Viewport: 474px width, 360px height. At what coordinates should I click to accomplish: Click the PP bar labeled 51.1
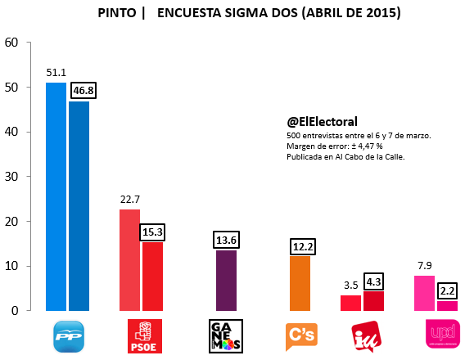tap(56, 196)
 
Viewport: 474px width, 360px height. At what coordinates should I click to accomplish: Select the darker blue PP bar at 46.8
tap(79, 206)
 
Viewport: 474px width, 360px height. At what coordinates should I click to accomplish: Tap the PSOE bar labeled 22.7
tap(129, 260)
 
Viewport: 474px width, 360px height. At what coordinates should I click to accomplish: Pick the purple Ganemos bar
tap(227, 281)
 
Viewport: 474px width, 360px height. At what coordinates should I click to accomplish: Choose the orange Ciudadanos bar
tap(300, 284)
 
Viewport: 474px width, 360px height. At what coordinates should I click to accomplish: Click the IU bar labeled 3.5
tap(350, 303)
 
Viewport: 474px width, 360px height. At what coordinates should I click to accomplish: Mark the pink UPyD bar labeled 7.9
tap(424, 293)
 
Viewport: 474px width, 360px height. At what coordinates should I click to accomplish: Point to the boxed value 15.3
tap(152, 232)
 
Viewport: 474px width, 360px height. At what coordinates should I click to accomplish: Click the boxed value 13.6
tap(227, 240)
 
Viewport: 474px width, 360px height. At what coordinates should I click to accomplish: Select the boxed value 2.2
tap(448, 291)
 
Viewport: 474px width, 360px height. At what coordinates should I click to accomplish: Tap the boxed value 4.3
tap(373, 281)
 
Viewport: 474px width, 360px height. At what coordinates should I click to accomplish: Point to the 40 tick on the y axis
tap(29, 132)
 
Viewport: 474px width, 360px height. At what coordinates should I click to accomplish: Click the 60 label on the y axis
tap(11, 43)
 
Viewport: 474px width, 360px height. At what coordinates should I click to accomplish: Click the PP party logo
tap(69, 336)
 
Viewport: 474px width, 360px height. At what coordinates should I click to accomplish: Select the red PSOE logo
tap(145, 336)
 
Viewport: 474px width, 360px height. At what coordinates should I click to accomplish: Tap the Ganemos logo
tap(226, 336)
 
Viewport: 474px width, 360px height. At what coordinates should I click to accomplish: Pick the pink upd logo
tap(443, 334)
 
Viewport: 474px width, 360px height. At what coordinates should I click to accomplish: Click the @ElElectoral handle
tap(322, 122)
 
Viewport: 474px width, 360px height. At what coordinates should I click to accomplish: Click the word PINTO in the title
tap(117, 13)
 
